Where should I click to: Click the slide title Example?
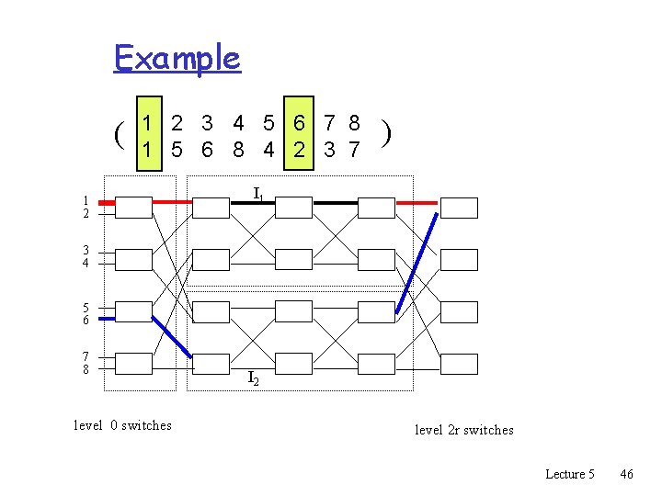pyautogui.click(x=177, y=58)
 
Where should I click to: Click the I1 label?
pyautogui.click(x=259, y=194)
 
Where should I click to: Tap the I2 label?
pyautogui.click(x=252, y=377)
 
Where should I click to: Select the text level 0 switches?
pyautogui.click(x=122, y=425)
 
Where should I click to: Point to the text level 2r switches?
pyautogui.click(x=464, y=430)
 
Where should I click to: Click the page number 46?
pyautogui.click(x=627, y=474)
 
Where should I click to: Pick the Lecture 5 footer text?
pyautogui.click(x=570, y=474)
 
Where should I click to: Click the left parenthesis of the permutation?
pyautogui.click(x=120, y=136)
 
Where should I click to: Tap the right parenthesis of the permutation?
pyautogui.click(x=389, y=135)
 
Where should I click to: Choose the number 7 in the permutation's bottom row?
pyautogui.click(x=353, y=149)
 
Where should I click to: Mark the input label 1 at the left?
pyautogui.click(x=85, y=200)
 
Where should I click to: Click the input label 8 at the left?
pyautogui.click(x=85, y=369)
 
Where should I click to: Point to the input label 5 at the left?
pyautogui.click(x=85, y=308)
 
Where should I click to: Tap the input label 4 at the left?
pyautogui.click(x=85, y=264)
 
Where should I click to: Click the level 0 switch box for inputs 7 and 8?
pyautogui.click(x=133, y=364)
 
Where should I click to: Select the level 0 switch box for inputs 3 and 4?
pyautogui.click(x=133, y=260)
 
